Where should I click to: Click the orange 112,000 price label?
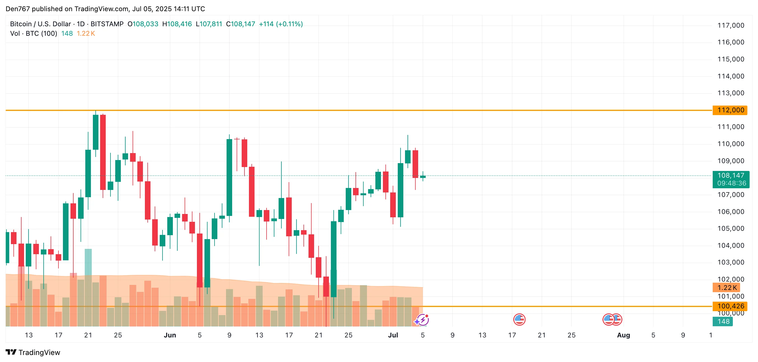pyautogui.click(x=730, y=110)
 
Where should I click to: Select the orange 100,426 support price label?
pyautogui.click(x=730, y=306)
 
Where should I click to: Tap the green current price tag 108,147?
pyautogui.click(x=731, y=176)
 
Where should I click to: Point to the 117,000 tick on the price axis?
pyautogui.click(x=731, y=26)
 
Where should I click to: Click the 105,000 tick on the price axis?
pyautogui.click(x=731, y=228)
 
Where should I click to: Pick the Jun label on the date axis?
pyautogui.click(x=170, y=335)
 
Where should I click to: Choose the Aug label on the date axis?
pyautogui.click(x=623, y=335)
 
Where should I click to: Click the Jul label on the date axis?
pyautogui.click(x=393, y=335)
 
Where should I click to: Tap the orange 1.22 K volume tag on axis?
pyautogui.click(x=726, y=288)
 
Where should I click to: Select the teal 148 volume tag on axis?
pyautogui.click(x=723, y=321)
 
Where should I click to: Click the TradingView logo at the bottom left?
pyautogui.click(x=33, y=352)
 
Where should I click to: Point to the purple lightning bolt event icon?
pyautogui.click(x=423, y=320)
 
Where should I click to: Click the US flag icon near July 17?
pyautogui.click(x=519, y=320)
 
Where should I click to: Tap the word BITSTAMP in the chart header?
pyautogui.click(x=107, y=24)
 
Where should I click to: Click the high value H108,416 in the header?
pyautogui.click(x=177, y=24)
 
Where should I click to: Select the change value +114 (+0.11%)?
pyautogui.click(x=281, y=24)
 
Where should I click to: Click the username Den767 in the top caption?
pyautogui.click(x=18, y=9)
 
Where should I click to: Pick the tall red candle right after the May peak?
pyautogui.click(x=103, y=152)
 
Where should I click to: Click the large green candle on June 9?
pyautogui.click(x=229, y=177)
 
